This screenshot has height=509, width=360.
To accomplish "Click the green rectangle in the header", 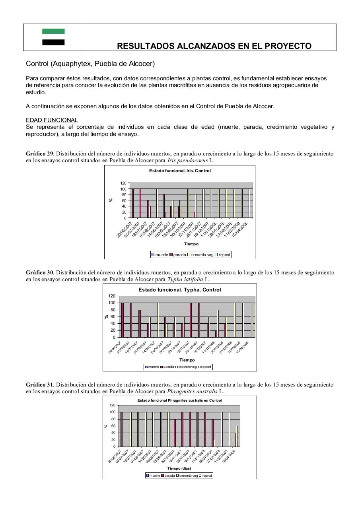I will click(53, 31).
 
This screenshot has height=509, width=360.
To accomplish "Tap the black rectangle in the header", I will click(53, 42).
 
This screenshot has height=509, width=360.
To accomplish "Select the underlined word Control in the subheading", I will click(37, 64).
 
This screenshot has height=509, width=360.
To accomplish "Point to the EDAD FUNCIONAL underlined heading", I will click(52, 120).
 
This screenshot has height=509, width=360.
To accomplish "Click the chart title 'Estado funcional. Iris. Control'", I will click(180, 171).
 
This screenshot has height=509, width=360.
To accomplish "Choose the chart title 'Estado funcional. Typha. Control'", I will click(179, 289).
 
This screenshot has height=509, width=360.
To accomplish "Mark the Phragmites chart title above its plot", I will click(180, 400).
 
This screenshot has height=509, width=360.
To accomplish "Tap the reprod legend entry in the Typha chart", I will click(204, 367).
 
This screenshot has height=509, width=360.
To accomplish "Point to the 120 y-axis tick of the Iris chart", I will click(123, 183).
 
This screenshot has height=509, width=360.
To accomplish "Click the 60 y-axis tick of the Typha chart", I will click(113, 317).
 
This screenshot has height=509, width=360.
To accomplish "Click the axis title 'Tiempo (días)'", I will click(179, 468).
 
